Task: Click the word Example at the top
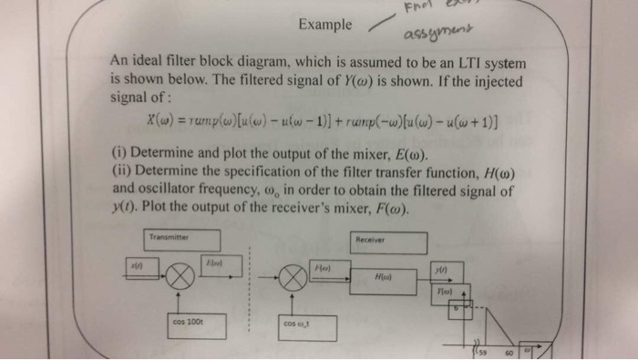pos(324,26)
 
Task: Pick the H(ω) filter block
pos(384,275)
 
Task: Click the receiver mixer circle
pos(295,275)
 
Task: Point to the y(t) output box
pos(441,271)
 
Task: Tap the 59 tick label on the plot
pos(484,352)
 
